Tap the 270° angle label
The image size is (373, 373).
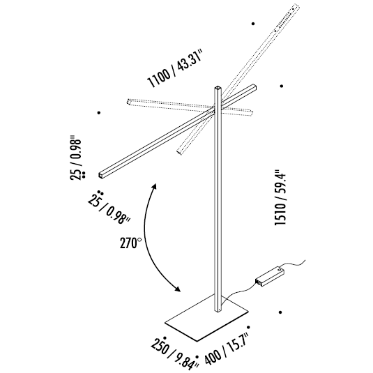(130, 243)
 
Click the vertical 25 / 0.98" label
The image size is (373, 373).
(77, 159)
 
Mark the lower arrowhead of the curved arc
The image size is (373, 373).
(181, 291)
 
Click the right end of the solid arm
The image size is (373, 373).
(253, 87)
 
